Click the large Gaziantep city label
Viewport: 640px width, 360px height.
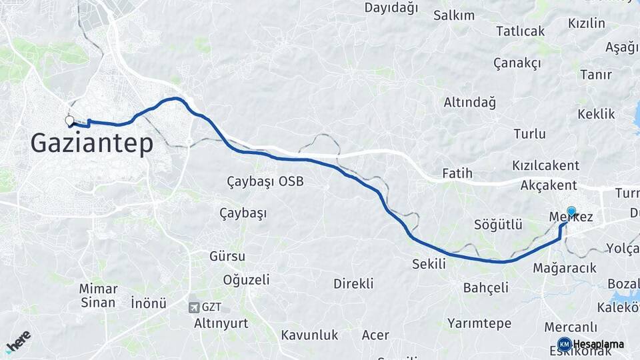pyautogui.click(x=91, y=143)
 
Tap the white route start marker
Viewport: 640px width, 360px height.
pyautogui.click(x=69, y=121)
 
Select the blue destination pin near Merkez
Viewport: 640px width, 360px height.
pyautogui.click(x=571, y=211)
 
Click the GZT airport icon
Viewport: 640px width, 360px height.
pyautogui.click(x=194, y=307)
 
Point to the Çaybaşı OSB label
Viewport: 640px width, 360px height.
pyautogui.click(x=265, y=181)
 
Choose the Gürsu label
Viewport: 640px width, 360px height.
pyautogui.click(x=227, y=256)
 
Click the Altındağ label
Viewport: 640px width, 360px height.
pyautogui.click(x=470, y=103)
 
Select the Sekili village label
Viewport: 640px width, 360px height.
pyautogui.click(x=429, y=264)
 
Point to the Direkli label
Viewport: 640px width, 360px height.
pyautogui.click(x=353, y=283)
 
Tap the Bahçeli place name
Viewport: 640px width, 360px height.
pyautogui.click(x=486, y=287)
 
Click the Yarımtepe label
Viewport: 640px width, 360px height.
pyautogui.click(x=479, y=323)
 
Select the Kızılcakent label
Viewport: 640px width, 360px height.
pyautogui.click(x=545, y=165)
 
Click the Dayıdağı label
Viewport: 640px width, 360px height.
pyautogui.click(x=391, y=8)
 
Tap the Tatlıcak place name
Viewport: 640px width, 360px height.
pyautogui.click(x=520, y=31)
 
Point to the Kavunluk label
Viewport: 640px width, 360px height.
pyautogui.click(x=309, y=335)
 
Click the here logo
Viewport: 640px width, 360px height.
pyautogui.click(x=18, y=341)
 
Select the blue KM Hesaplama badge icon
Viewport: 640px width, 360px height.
pyautogui.click(x=564, y=344)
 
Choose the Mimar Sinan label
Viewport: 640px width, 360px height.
pyautogui.click(x=98, y=295)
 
